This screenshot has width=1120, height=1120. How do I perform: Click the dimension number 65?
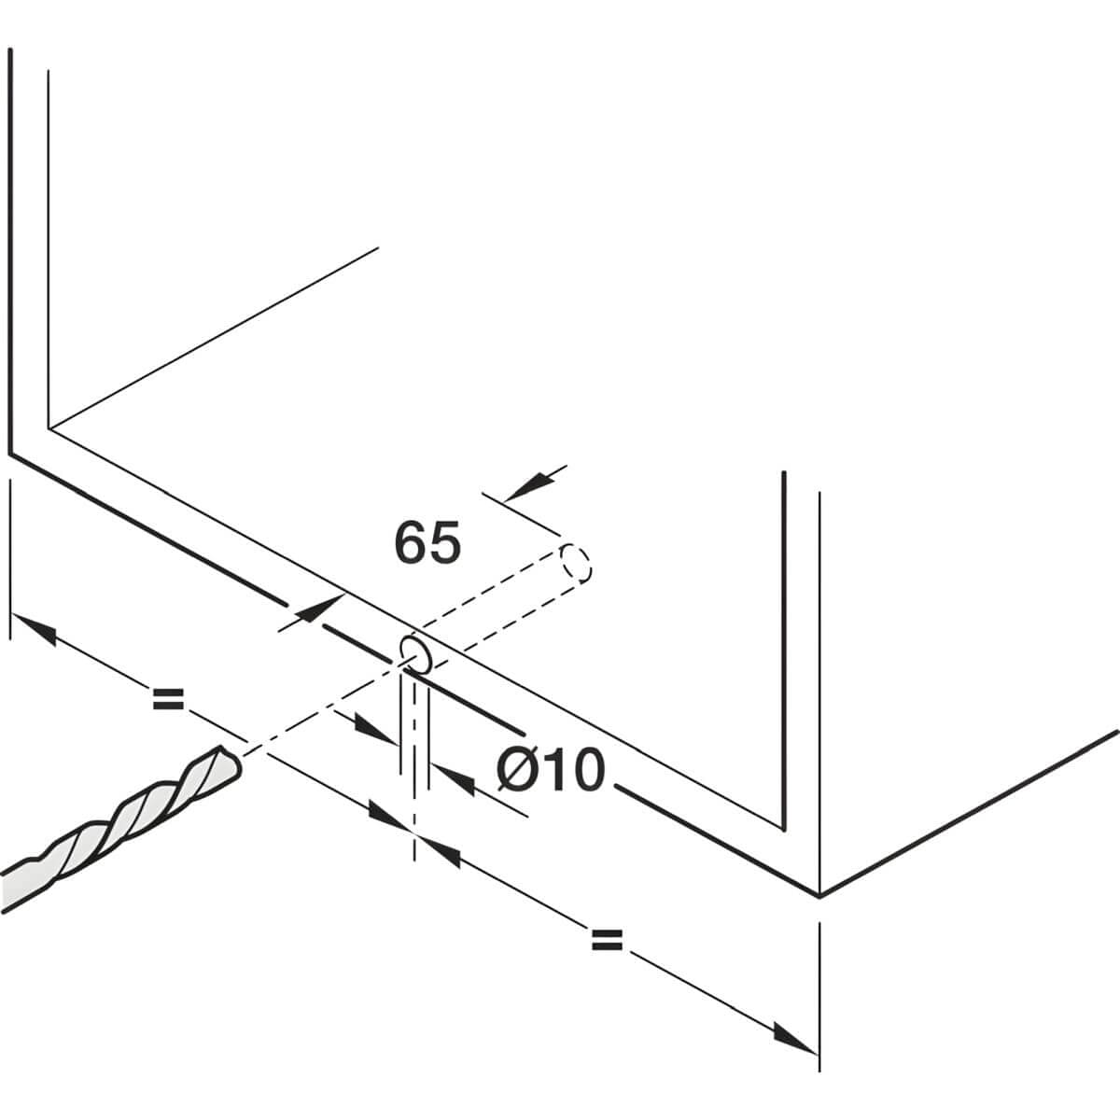(427, 543)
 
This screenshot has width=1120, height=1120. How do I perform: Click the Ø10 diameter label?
(552, 772)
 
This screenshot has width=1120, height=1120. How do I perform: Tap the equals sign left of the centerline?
(169, 697)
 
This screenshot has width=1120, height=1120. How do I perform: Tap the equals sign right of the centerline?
(607, 940)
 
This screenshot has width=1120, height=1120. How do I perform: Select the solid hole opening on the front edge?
(416, 654)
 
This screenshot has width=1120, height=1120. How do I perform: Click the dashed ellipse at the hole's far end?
(577, 565)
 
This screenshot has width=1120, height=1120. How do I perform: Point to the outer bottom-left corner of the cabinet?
(10, 454)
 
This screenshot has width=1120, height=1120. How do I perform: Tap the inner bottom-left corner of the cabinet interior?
(49, 428)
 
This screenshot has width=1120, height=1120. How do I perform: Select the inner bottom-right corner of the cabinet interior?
(782, 827)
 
